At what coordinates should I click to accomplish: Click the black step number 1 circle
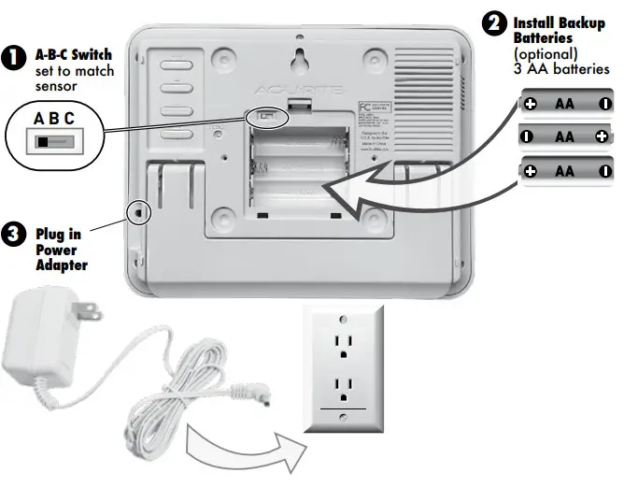13,57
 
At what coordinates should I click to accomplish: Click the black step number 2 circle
493,22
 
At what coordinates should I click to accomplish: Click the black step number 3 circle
13,234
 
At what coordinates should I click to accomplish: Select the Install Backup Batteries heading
559,29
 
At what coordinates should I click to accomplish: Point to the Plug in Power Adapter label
62,251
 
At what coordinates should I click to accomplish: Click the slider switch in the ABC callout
52,142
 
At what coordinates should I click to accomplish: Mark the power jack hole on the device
140,212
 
